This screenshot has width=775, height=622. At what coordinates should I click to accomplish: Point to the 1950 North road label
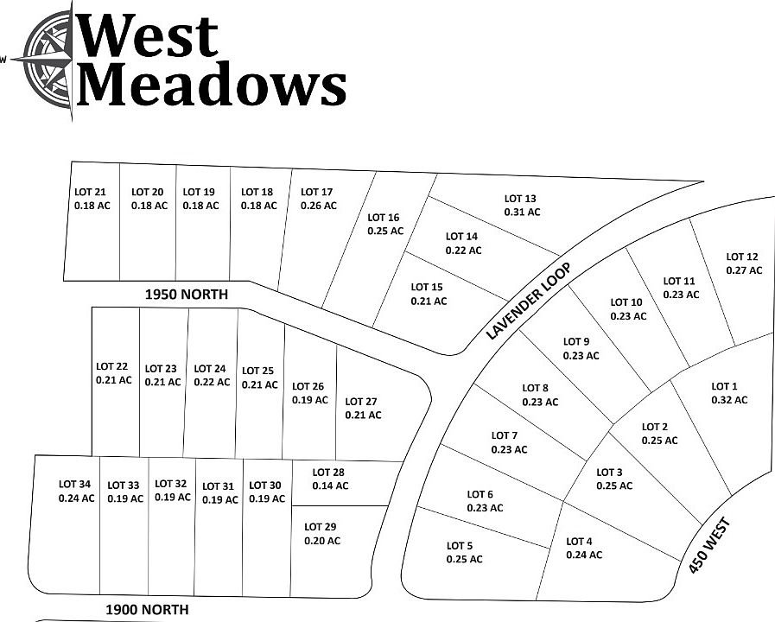tap(186, 295)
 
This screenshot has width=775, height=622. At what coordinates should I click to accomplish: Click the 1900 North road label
tap(147, 609)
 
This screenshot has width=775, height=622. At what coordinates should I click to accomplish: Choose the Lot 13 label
tap(520, 199)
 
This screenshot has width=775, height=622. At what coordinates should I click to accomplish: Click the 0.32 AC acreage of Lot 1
tap(728, 400)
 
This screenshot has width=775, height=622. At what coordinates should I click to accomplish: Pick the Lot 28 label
tap(328, 473)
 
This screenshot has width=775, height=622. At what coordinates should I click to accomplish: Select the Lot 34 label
tap(75, 484)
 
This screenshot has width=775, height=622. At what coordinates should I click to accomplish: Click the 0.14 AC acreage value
tap(330, 486)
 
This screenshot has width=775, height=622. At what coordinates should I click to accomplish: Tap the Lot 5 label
tap(460, 545)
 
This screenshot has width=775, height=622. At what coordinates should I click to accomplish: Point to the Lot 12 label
tap(742, 257)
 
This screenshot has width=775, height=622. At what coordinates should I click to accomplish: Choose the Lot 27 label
tap(361, 401)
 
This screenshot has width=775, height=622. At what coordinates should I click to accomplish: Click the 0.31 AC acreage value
tap(522, 212)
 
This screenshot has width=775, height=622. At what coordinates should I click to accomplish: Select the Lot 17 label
tap(316, 192)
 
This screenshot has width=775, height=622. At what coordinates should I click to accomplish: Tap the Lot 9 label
tap(576, 341)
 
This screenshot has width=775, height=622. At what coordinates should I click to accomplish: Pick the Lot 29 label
tap(321, 527)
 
